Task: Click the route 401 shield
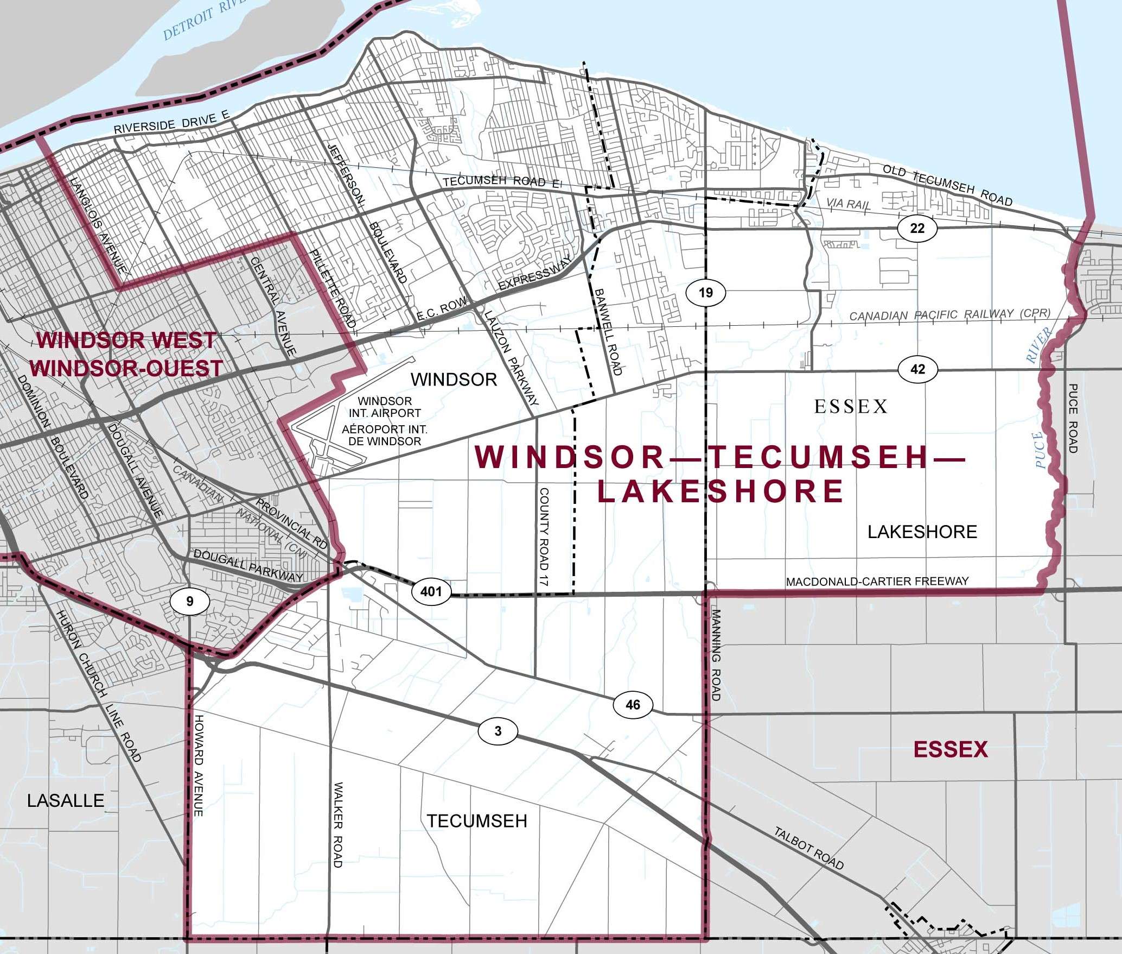point(431,591)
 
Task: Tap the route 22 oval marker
point(917,228)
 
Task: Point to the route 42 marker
point(917,370)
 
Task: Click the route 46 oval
point(633,705)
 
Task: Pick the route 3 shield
point(498,731)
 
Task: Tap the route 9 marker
point(189,601)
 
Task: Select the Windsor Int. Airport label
point(384,421)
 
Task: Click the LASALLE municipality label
point(66,800)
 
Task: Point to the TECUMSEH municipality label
point(476,821)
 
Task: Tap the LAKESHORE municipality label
point(922,532)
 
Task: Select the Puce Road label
point(1073,418)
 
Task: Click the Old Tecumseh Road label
point(947,185)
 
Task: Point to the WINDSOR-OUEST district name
point(126,369)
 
